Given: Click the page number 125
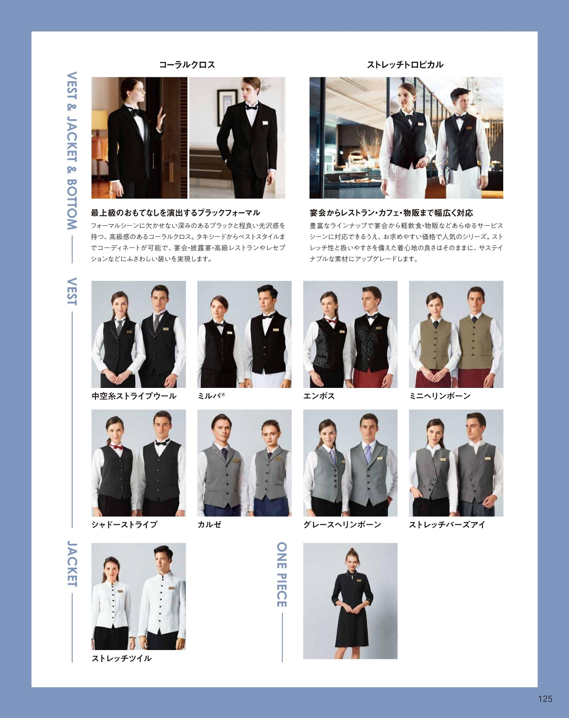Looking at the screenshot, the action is [545, 698].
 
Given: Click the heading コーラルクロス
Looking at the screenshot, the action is [187, 65].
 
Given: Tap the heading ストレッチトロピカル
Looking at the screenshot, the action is [405, 65].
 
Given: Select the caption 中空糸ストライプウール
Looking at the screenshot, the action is [134, 396].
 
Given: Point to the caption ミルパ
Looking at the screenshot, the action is [211, 396].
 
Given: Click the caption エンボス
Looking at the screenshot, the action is [319, 396].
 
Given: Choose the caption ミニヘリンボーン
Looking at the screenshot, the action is [440, 396].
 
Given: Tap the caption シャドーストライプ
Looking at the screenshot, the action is [124, 524].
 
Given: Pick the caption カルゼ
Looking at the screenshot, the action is [209, 524].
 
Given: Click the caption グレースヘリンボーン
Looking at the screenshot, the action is [342, 524].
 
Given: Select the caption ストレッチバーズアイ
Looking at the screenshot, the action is [447, 524].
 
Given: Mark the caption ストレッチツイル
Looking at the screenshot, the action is [121, 658].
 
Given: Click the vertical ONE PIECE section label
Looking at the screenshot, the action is [282, 574].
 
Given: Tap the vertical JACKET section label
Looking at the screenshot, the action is [72, 564].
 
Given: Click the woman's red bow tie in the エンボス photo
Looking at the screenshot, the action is [331, 321].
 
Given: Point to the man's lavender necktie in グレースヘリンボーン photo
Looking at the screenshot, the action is [368, 454].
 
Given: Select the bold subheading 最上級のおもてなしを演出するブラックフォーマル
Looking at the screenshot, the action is [176, 213].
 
